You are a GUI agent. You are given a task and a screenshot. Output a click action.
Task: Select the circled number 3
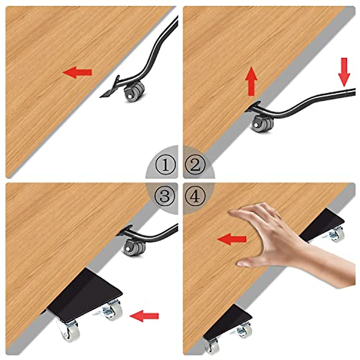point(165,196)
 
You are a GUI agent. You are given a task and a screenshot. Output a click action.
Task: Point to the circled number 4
point(195,196)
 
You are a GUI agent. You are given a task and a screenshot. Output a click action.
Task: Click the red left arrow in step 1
point(77,72)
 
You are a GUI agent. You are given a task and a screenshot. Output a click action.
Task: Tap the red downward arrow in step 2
point(344,72)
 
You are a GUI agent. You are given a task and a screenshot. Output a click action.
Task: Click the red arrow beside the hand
point(232,239)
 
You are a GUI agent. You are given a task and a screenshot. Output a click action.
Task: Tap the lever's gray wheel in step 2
point(262,123)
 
